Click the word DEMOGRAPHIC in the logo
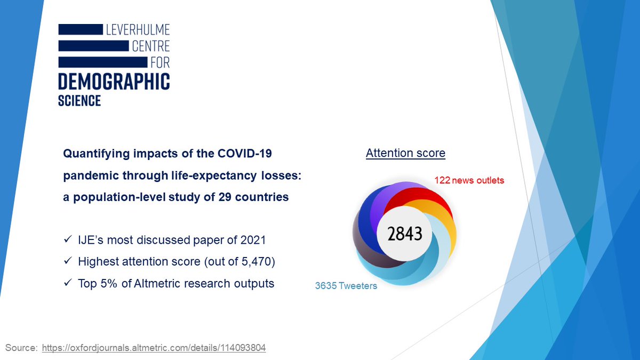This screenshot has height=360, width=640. pos(114,82)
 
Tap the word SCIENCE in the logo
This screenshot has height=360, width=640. pos(79,100)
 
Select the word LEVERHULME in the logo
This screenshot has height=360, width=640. pos(138,29)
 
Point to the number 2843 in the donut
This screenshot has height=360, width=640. pos(405,234)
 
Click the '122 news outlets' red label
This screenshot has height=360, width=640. pos(469,180)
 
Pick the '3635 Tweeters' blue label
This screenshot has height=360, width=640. pos(346,286)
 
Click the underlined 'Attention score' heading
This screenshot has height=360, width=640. pos(405,154)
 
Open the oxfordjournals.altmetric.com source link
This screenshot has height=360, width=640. pos(154,348)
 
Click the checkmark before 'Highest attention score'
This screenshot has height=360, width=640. pos(68,262)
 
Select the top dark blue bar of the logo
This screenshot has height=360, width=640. pos(80,29)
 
